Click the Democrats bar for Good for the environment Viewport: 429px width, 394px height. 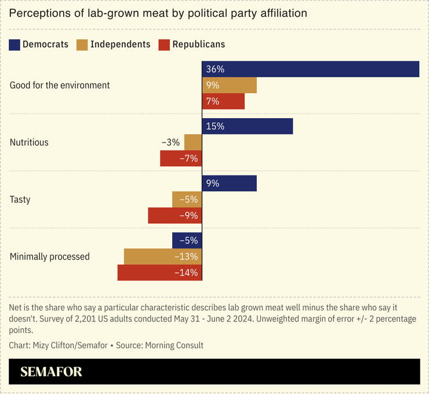pyautogui.click(x=310, y=69)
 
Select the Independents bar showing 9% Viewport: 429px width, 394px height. pyautogui.click(x=229, y=85)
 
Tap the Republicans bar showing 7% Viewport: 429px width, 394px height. pyautogui.click(x=223, y=101)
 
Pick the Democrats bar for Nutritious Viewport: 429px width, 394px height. pyautogui.click(x=247, y=126)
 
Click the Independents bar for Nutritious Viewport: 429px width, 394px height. pyautogui.click(x=193, y=142)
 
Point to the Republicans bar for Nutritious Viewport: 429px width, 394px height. pyautogui.click(x=181, y=158)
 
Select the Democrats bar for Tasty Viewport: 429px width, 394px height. pyautogui.click(x=229, y=183)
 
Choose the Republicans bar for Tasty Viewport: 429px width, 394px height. pyautogui.click(x=175, y=216)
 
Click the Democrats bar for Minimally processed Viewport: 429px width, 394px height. pyautogui.click(x=187, y=240)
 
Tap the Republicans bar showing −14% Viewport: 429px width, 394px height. pyautogui.click(x=159, y=272)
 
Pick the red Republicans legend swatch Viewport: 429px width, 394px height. pyautogui.click(x=163, y=45)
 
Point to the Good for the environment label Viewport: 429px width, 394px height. pyautogui.click(x=60, y=85)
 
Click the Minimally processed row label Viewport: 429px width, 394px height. pyautogui.click(x=50, y=257)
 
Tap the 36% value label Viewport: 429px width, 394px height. pyautogui.click(x=215, y=69)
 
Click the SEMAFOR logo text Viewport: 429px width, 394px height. pyautogui.click(x=51, y=371)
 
